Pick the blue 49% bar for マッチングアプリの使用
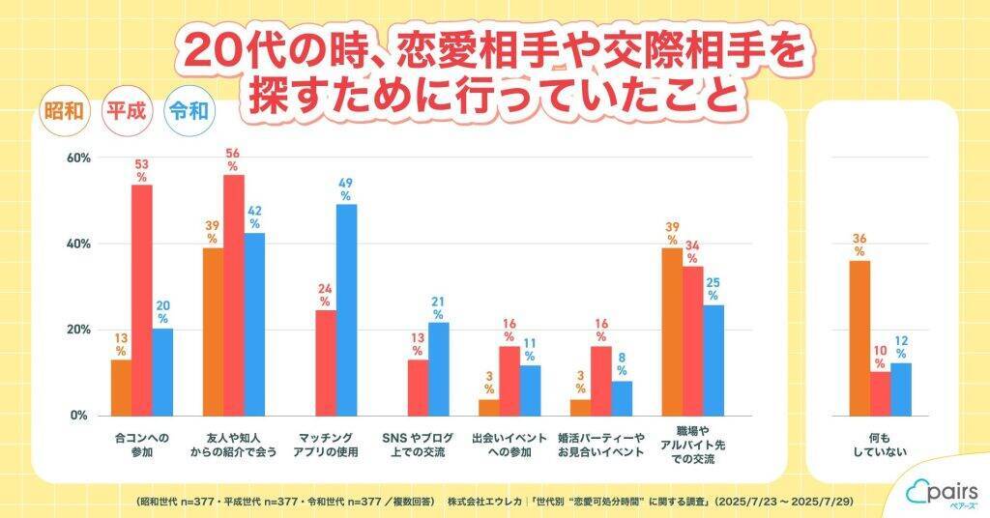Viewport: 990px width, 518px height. pos(346,309)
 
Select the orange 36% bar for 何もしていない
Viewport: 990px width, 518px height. pos(859,338)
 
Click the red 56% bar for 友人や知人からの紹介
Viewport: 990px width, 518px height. pos(233,295)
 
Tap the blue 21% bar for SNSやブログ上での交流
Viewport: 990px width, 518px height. pos(438,368)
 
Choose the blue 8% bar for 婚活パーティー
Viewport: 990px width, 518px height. pos(621,397)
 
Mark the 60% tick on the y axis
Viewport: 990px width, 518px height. pos(77,158)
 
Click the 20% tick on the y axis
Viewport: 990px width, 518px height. pos(77,330)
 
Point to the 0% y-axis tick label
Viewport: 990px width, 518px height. pos(80,416)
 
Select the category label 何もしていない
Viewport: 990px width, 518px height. pos(880,445)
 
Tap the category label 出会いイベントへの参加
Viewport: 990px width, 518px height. pos(508,445)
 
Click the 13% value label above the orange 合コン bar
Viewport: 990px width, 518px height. pos(121,344)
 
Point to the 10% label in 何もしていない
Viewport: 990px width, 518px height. pos(879,357)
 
